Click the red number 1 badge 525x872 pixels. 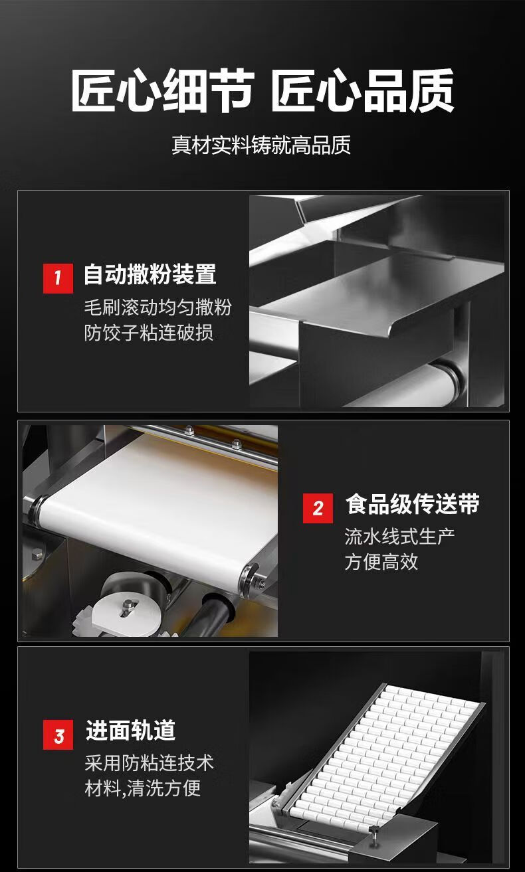58,278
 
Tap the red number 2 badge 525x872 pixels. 318,508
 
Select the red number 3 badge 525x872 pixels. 58,735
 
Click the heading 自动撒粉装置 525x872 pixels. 150,274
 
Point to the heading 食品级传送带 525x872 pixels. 413,503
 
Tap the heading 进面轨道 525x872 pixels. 130,730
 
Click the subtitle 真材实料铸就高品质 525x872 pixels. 261,145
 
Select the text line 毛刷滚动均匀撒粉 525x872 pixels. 158,307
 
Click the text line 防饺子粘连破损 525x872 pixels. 149,333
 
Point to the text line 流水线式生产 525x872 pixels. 399,537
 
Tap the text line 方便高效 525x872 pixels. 381,562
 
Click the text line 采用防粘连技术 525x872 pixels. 150,762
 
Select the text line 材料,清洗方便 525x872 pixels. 142,788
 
